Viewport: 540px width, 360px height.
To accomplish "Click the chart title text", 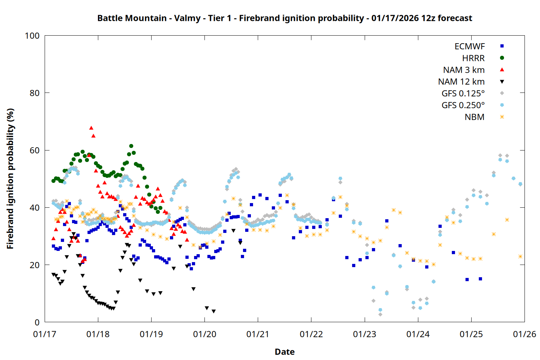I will click(x=284, y=18).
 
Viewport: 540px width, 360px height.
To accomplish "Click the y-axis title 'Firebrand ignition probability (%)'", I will click(x=10, y=179).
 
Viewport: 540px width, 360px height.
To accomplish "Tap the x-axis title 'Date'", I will click(x=284, y=352).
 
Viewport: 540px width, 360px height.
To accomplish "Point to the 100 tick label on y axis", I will click(x=32, y=36).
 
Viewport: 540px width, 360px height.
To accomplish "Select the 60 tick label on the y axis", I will click(x=35, y=150).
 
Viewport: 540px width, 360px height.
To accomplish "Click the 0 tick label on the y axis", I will click(x=37, y=323).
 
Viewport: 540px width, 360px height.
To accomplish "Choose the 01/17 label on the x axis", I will click(x=45, y=334).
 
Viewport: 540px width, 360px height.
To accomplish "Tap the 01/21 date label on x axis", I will click(x=258, y=334).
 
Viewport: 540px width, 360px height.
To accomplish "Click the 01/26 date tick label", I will click(x=524, y=334).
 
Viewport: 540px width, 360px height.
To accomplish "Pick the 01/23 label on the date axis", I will click(x=364, y=334).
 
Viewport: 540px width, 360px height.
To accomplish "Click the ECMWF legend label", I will click(x=469, y=46).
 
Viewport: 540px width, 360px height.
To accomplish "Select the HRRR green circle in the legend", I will click(x=502, y=58).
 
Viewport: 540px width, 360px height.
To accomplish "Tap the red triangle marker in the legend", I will click(x=502, y=69).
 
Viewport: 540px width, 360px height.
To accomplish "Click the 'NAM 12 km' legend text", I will click(x=461, y=82).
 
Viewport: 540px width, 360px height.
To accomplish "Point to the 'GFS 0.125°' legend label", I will click(x=463, y=94).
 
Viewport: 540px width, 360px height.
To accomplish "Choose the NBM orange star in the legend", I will click(x=502, y=117).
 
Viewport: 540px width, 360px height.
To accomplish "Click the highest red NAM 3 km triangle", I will click(x=91, y=128).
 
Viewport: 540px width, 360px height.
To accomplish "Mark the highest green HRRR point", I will click(x=131, y=146).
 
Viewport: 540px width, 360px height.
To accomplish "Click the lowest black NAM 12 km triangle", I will click(x=213, y=311).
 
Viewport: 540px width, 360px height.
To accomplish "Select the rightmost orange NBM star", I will click(x=520, y=256).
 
